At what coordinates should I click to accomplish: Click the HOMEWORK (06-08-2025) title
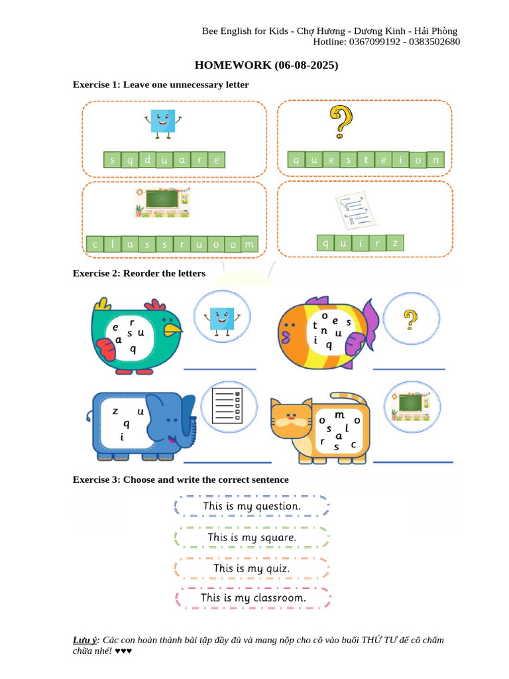tap(266, 66)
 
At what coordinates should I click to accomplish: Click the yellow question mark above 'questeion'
tap(341, 123)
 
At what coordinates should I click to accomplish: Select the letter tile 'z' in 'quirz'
tap(395, 243)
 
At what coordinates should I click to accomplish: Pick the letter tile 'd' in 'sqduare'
tap(147, 160)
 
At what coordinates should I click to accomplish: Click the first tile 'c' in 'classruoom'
tap(95, 245)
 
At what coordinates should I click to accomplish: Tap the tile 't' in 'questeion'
tap(366, 160)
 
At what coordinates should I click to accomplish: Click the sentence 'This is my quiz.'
tap(252, 568)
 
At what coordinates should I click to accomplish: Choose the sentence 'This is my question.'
tap(252, 506)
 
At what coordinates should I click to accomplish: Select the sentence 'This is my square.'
tap(252, 537)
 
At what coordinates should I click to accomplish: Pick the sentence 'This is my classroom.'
tap(253, 598)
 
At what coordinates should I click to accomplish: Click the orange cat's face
tap(291, 422)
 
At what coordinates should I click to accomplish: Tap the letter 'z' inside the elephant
tap(115, 412)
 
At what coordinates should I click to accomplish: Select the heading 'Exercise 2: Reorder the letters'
tap(139, 273)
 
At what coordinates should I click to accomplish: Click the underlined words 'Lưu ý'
tap(84, 640)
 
